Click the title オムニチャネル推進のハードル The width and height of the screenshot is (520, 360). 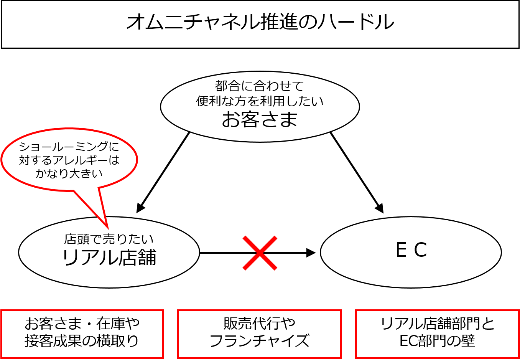click(260, 22)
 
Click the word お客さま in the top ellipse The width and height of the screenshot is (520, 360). click(260, 119)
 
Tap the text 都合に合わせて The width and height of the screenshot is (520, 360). click(260, 86)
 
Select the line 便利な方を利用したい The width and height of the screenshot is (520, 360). click(260, 101)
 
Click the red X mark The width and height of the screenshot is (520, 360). click(260, 253)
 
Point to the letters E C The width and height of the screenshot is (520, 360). click(411, 250)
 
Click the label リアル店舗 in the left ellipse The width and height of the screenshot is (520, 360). click(109, 257)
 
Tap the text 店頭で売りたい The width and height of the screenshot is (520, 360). click(109, 239)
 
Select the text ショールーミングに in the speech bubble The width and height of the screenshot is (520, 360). click(69, 147)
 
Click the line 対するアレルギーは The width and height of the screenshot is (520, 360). click(69, 160)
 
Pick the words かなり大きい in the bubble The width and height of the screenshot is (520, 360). click(69, 173)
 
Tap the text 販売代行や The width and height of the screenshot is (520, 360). click(260, 324)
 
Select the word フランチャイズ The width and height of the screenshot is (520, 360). click(260, 341)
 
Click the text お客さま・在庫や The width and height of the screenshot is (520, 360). click(82, 324)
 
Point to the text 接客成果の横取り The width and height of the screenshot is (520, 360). click(82, 341)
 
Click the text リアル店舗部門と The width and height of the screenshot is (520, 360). click(438, 324)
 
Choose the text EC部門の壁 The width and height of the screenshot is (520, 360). click(438, 341)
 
